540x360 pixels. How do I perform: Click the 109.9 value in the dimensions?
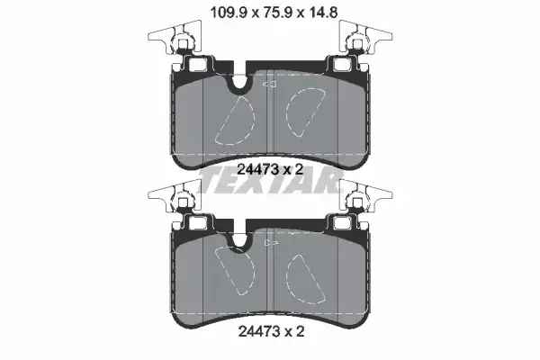(x=228, y=13)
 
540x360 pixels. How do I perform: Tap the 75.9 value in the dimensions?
(x=277, y=13)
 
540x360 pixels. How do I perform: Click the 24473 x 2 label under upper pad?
(x=270, y=169)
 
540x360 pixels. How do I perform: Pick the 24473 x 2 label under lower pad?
(x=272, y=332)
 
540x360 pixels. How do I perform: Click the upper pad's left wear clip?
(x=175, y=37)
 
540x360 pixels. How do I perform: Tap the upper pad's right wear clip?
(x=365, y=37)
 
